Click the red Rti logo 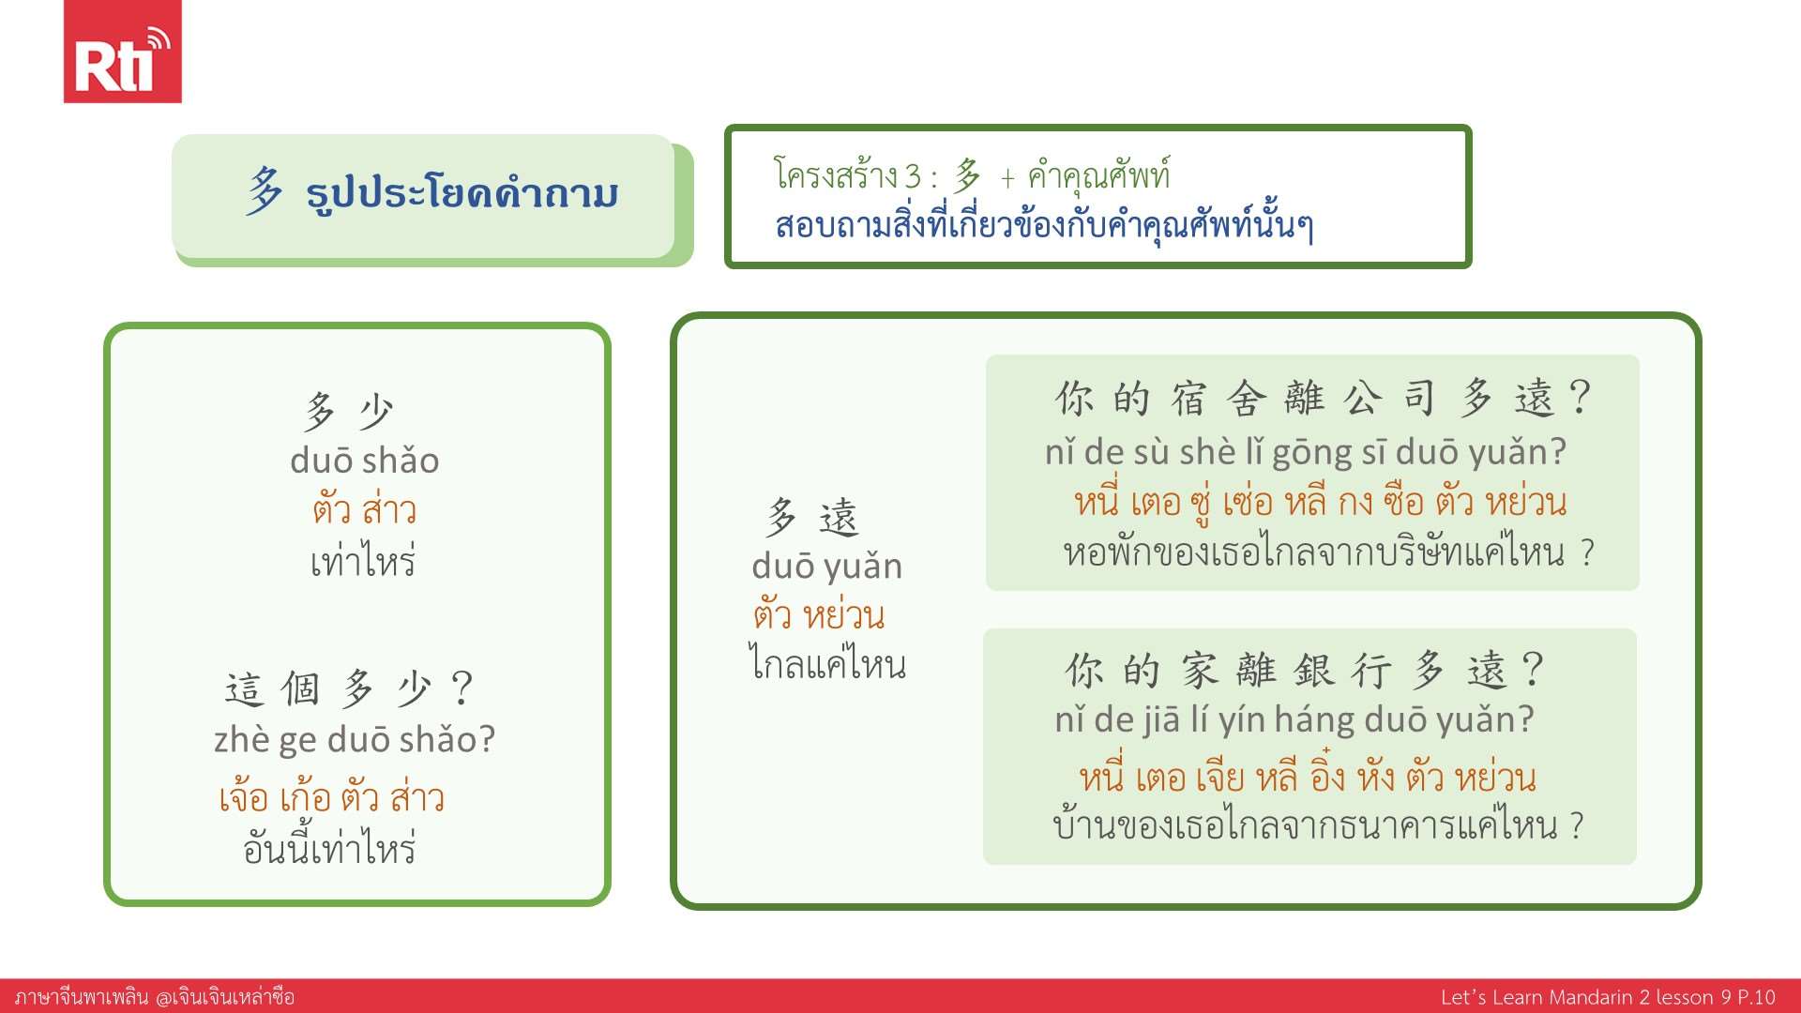[x=122, y=52]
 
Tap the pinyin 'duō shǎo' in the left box [x=365, y=461]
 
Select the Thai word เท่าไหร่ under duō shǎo [x=363, y=561]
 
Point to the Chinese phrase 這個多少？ [x=349, y=689]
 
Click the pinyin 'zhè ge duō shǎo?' [x=355, y=740]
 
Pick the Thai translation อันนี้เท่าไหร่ [x=329, y=847]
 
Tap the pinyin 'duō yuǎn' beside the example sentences [x=827, y=567]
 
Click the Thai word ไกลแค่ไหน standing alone [x=827, y=663]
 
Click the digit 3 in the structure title [x=913, y=175]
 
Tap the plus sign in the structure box [x=1007, y=177]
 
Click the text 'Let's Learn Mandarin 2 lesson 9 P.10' [x=1608, y=997]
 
